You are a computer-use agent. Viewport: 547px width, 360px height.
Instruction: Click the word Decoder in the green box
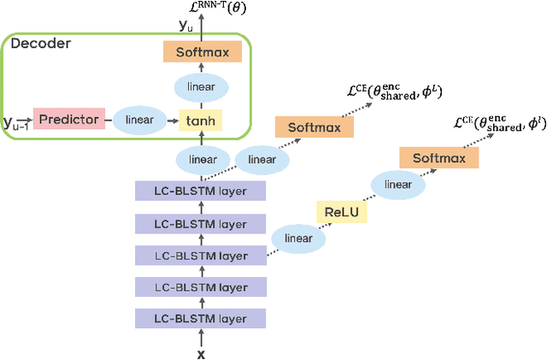(x=42, y=44)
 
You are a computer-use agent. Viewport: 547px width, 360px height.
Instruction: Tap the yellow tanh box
(x=201, y=121)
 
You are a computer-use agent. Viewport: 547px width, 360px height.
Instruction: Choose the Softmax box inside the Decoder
(x=202, y=52)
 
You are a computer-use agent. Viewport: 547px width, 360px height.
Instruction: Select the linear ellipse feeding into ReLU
(x=298, y=239)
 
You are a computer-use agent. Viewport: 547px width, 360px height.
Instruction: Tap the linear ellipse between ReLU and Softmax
(x=397, y=185)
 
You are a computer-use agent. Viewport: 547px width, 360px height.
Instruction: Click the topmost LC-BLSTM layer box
(x=201, y=192)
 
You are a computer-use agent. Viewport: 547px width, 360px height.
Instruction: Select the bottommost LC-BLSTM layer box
(x=201, y=319)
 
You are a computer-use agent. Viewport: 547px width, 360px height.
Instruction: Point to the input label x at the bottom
(x=201, y=353)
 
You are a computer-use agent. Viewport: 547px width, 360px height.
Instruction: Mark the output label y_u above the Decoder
(x=186, y=25)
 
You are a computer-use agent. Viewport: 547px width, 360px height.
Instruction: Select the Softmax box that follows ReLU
(x=438, y=157)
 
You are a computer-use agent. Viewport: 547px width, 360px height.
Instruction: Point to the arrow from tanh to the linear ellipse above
(x=202, y=104)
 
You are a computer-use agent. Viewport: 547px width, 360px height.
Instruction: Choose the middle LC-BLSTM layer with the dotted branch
(x=201, y=256)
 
